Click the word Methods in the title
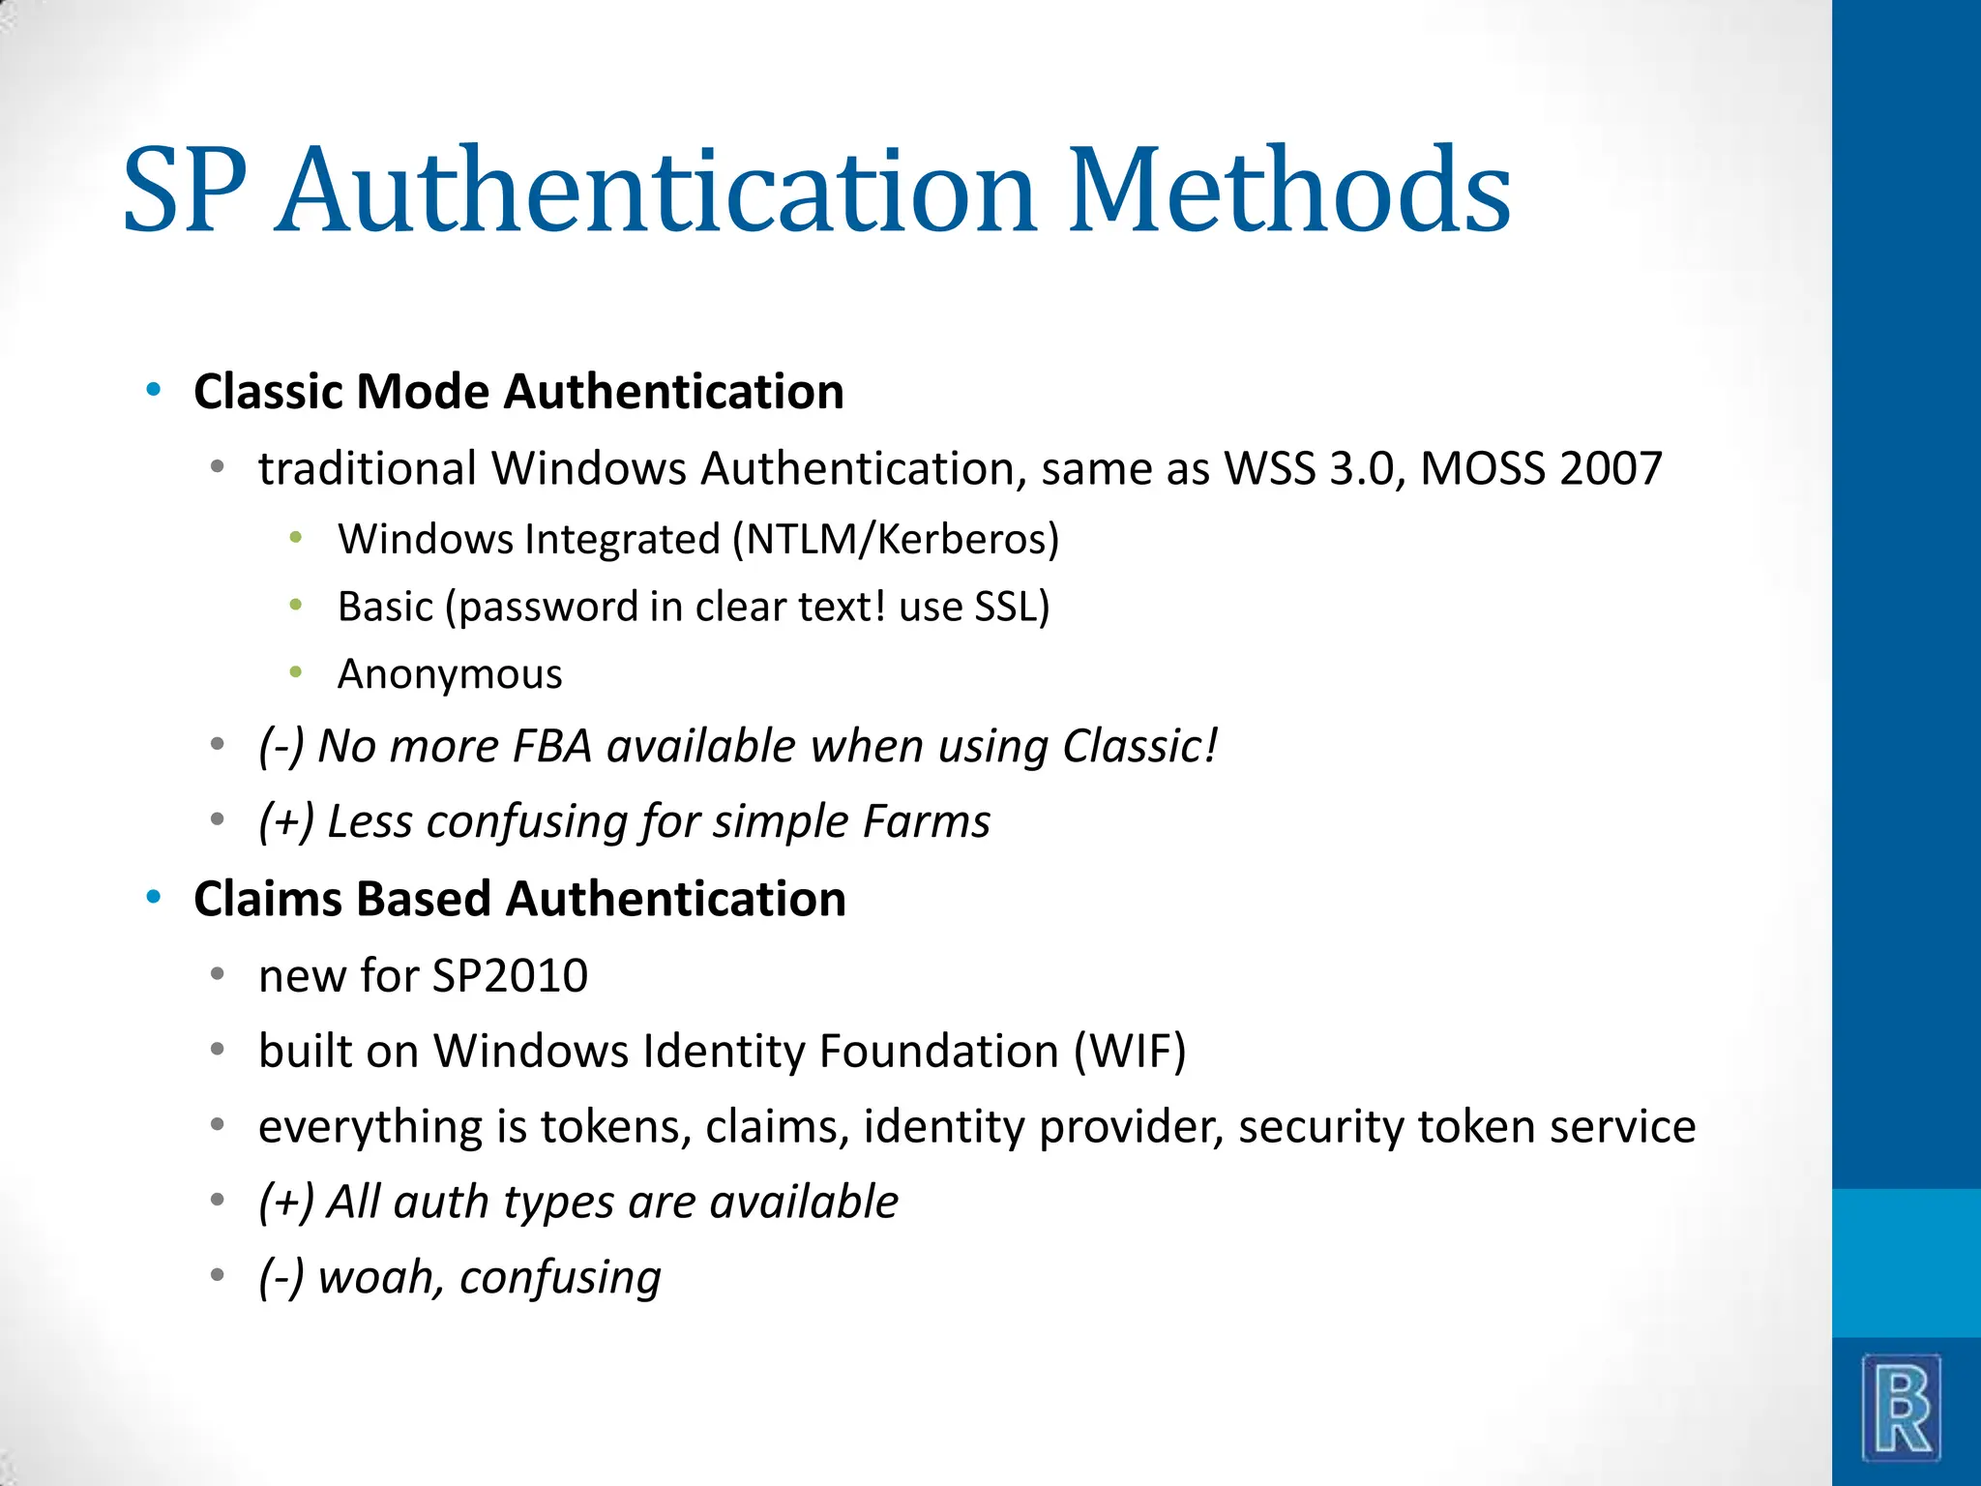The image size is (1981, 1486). coord(1288,190)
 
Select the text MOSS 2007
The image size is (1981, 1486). coord(1541,469)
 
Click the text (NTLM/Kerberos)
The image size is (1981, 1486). coord(896,540)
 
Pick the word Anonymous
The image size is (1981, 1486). coord(450,674)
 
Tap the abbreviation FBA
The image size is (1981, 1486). coord(551,746)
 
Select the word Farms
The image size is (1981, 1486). coord(927,821)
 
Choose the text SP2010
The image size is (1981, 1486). coord(510,975)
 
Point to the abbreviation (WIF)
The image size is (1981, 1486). coord(1130,1052)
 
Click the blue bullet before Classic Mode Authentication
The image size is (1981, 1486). coord(153,391)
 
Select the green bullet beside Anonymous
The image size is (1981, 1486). coord(296,672)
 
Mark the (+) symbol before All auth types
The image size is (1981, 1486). coord(287,1203)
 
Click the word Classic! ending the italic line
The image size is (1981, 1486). coord(1140,746)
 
